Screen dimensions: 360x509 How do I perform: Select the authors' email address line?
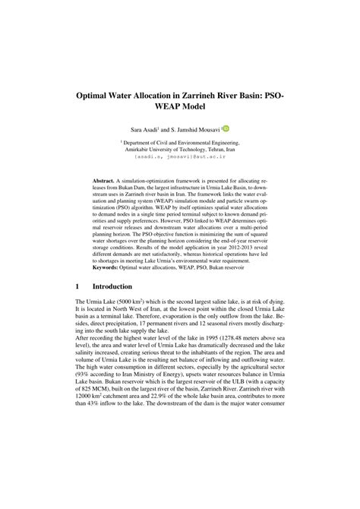coord(180,158)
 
